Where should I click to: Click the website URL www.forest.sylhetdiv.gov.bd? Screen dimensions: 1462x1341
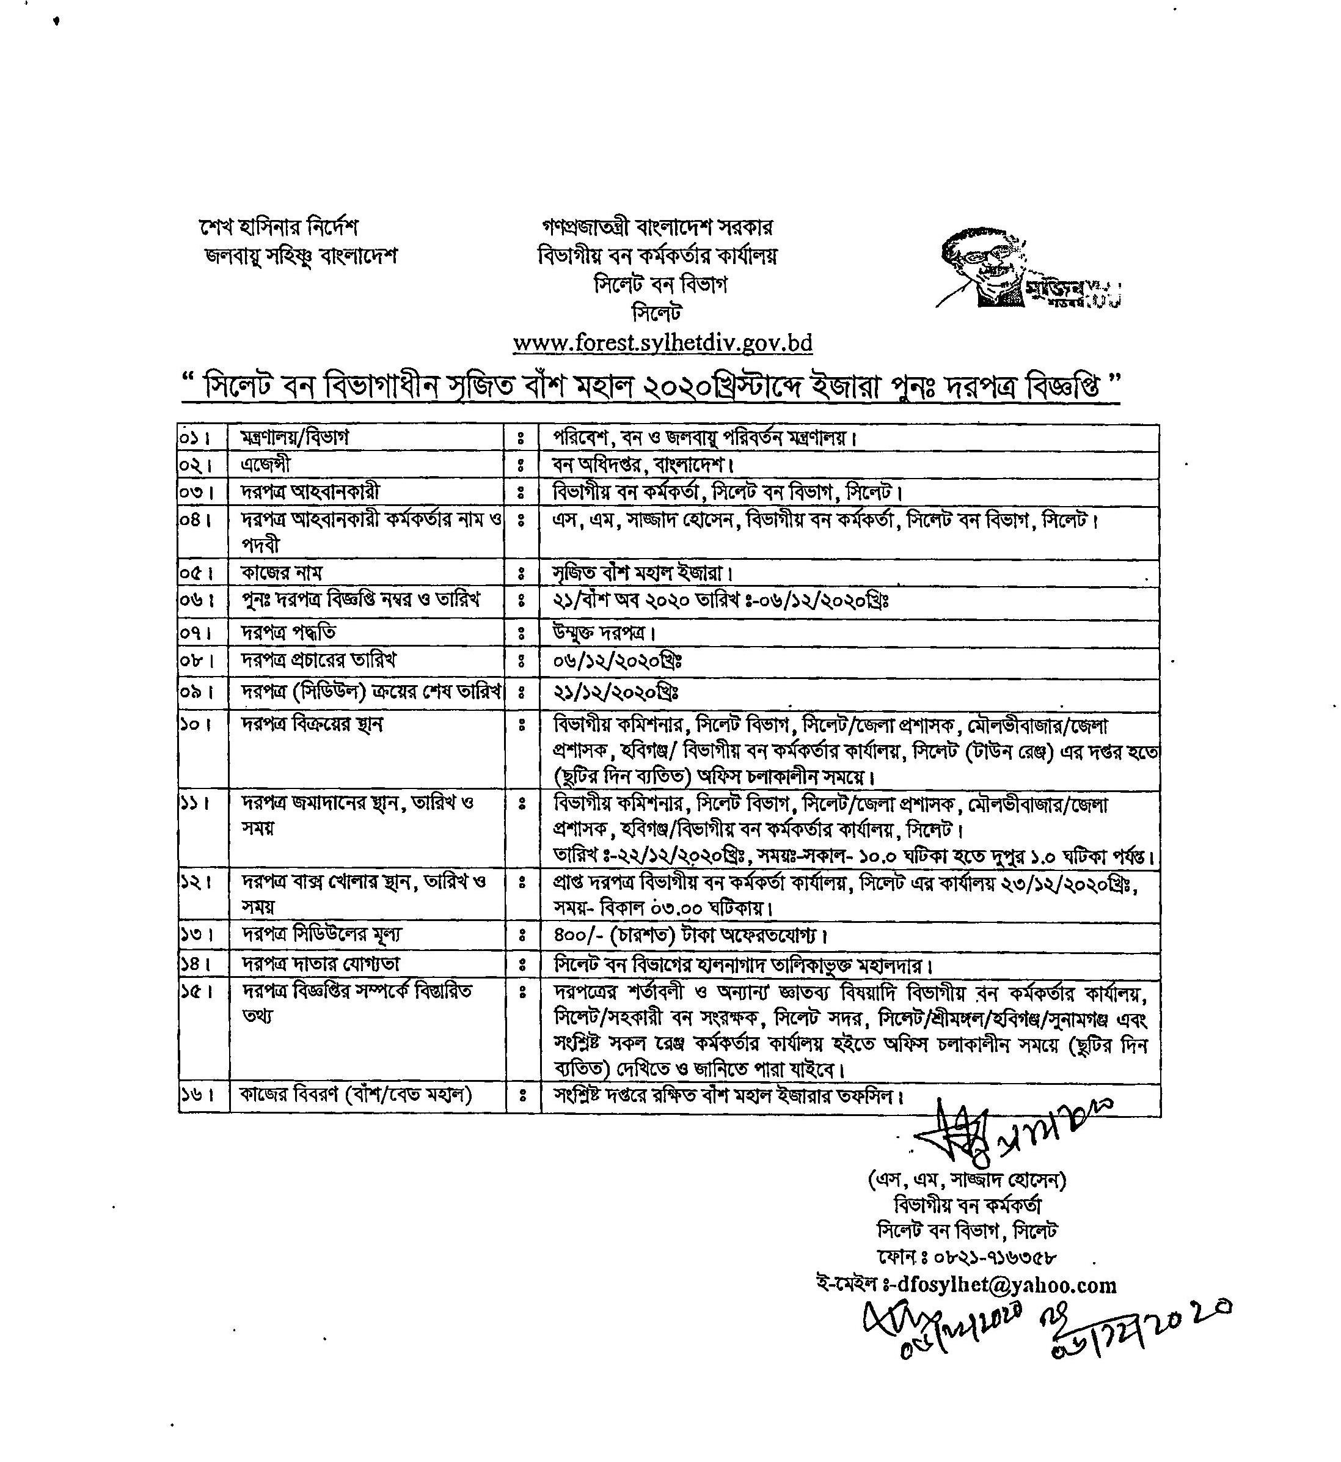pyautogui.click(x=662, y=343)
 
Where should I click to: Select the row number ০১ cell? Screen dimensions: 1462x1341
pyautogui.click(x=191, y=438)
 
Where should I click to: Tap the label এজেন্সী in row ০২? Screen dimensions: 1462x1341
pyautogui.click(x=266, y=465)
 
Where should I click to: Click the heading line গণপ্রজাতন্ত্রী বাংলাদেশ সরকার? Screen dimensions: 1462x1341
pyautogui.click(x=657, y=227)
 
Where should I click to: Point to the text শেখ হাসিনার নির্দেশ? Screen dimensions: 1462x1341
pyautogui.click(x=279, y=227)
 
